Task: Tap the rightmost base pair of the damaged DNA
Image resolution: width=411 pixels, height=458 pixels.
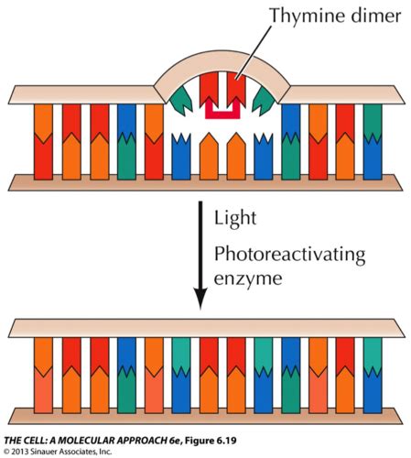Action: [371, 137]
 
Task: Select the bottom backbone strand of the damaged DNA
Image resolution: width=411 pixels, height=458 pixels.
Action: [205, 180]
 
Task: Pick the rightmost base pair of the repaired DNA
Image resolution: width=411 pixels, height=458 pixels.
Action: [371, 374]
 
